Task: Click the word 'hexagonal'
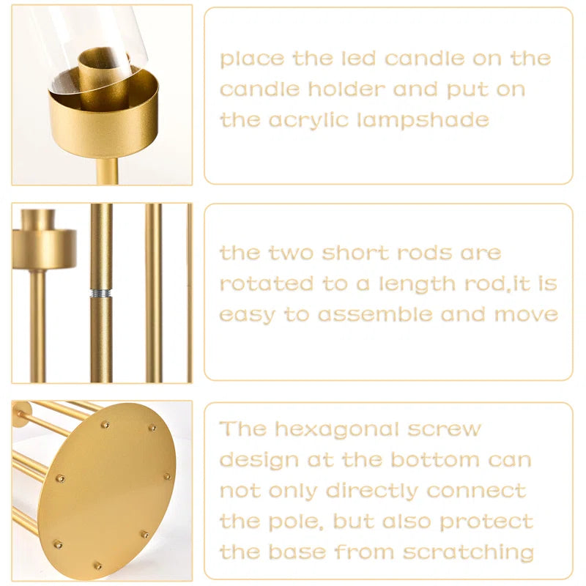tap(347, 429)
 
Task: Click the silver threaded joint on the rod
tap(102, 293)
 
